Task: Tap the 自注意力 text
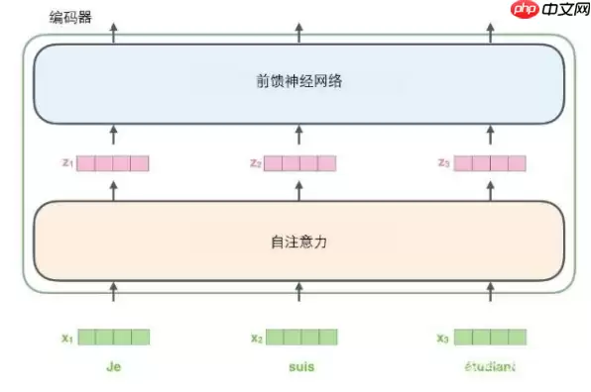coord(298,241)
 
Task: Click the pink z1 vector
coord(113,163)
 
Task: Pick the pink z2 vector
coord(300,163)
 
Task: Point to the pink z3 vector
coord(489,163)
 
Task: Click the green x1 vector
coord(113,338)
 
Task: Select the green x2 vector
coord(300,338)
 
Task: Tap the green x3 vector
coord(489,338)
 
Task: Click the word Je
coord(113,367)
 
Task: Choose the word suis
coord(300,367)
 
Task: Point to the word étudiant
coord(489,367)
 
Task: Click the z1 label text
coord(66,163)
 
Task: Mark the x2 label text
coord(256,338)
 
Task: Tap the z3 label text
coord(443,163)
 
